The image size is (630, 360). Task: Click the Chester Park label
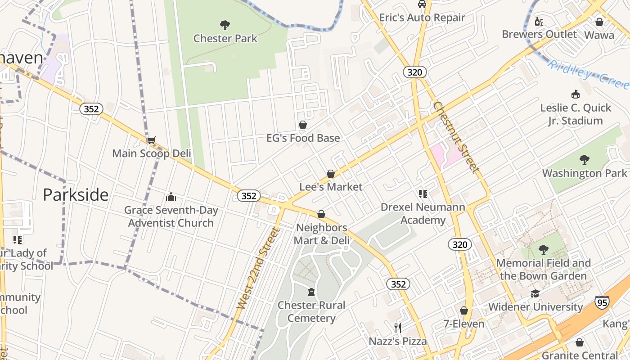(225, 38)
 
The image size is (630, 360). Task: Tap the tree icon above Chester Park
(225, 25)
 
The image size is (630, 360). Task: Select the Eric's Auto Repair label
(422, 18)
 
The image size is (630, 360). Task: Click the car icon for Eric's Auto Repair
(422, 4)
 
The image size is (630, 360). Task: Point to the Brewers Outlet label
(539, 34)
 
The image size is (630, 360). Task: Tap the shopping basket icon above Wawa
(599, 22)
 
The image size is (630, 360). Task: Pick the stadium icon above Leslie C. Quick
(575, 94)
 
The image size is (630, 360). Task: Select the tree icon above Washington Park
(584, 159)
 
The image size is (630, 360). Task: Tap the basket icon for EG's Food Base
(303, 124)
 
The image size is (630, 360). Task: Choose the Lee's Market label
(331, 187)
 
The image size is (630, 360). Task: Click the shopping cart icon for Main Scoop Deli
(151, 140)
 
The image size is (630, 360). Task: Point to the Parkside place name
(76, 194)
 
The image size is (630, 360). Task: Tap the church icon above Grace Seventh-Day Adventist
(171, 197)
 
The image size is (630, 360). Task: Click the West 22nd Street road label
(258, 269)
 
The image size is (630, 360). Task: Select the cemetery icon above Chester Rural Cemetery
(311, 292)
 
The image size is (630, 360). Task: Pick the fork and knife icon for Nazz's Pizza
(397, 328)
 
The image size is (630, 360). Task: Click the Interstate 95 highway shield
(602, 302)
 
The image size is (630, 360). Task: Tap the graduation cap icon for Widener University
(535, 294)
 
